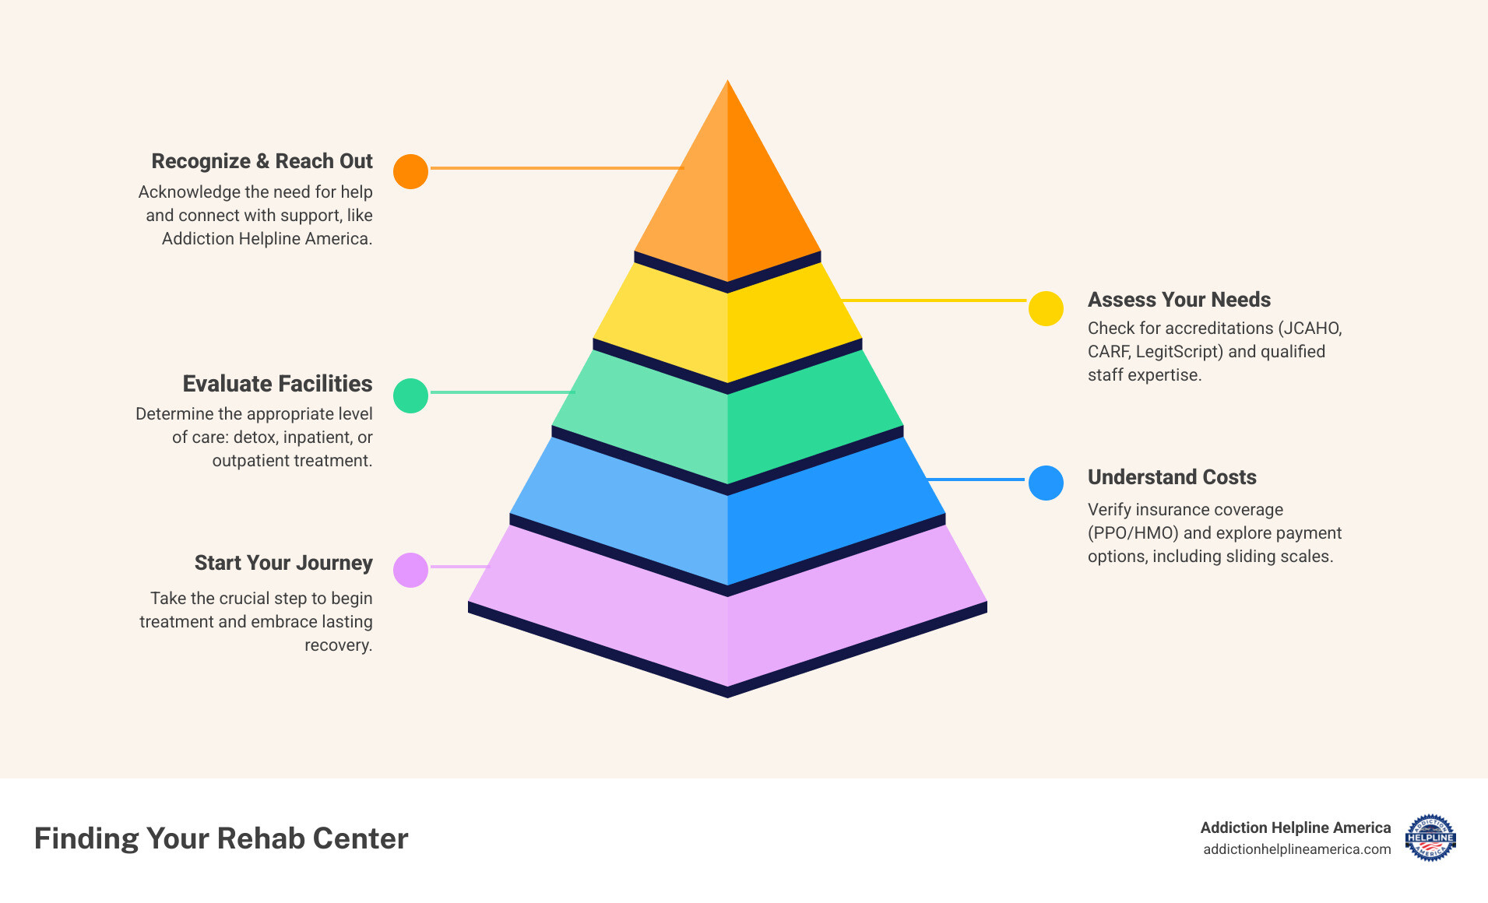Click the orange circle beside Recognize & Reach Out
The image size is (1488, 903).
[x=410, y=171]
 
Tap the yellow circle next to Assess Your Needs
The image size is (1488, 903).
[x=1046, y=308]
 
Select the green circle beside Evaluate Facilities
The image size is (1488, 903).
[x=410, y=395]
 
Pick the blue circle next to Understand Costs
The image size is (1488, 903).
[x=1046, y=483]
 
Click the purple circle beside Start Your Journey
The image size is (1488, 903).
[x=410, y=570]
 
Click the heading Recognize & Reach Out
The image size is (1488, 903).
[x=262, y=161]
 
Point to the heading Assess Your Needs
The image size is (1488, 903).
[x=1179, y=300]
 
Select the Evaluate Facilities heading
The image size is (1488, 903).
[x=277, y=384]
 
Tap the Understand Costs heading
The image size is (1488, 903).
[x=1172, y=477]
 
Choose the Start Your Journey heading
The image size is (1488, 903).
[x=283, y=563]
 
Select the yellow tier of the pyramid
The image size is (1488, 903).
[x=727, y=327]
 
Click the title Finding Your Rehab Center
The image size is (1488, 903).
[x=221, y=838]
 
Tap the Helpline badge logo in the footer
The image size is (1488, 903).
[x=1430, y=838]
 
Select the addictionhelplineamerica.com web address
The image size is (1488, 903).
[x=1296, y=849]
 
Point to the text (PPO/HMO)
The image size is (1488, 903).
[x=1133, y=533]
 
